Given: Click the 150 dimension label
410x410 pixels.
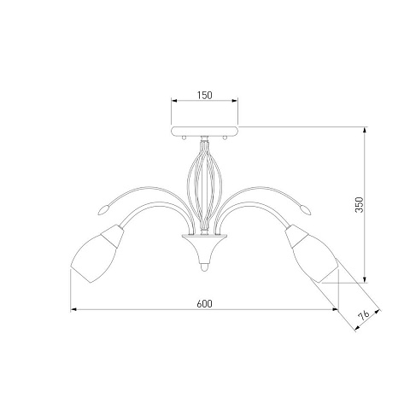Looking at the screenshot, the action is tap(205, 95).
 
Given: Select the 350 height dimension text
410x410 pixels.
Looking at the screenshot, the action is tap(360, 204).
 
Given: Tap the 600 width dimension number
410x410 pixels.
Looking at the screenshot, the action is tap(204, 304).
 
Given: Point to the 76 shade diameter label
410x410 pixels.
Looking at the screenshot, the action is tap(364, 315).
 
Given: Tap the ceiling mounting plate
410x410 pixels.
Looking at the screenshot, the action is tap(204, 131).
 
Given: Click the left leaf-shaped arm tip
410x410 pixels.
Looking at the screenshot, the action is tap(103, 209).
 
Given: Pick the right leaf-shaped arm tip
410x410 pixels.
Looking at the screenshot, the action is tap(305, 209).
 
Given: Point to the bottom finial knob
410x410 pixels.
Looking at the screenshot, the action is tap(204, 266).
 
